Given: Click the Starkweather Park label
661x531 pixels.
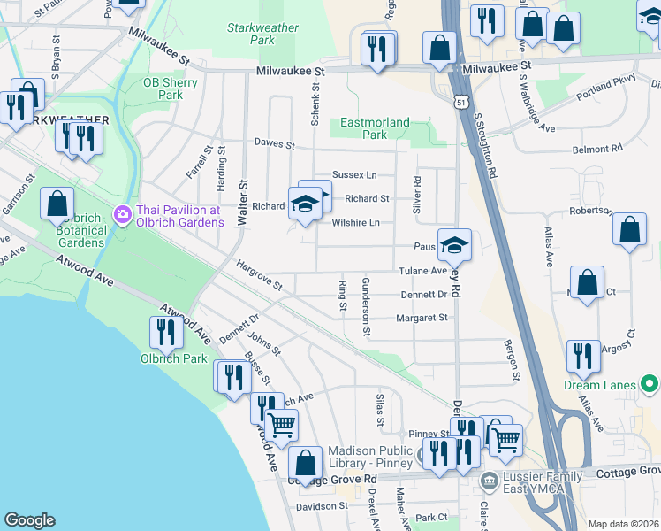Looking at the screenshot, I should point(262,34).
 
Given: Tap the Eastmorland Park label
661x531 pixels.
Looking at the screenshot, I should point(376,128).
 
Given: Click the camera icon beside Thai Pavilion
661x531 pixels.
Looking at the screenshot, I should point(121,214).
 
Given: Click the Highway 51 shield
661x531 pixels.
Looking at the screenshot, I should point(461,103).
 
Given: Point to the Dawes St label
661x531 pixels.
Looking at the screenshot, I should point(273,142).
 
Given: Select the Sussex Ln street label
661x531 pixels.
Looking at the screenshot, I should point(354,175).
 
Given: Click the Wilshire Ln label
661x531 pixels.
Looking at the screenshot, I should point(355,223).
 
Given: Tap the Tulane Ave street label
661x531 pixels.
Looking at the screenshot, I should point(426,271).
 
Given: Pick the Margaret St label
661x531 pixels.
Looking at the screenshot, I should point(422,318).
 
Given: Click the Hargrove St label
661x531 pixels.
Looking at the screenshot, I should point(259,274).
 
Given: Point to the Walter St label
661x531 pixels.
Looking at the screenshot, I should point(241,197).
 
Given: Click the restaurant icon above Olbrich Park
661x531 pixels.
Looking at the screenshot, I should point(165,331).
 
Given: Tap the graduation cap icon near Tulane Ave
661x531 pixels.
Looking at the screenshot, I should point(454,245).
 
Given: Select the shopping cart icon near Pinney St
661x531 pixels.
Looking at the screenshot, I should point(505,438).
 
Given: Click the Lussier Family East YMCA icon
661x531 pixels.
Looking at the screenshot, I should point(489,481).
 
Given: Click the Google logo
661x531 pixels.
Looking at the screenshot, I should point(29,520).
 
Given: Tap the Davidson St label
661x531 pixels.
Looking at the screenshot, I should point(322,506).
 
